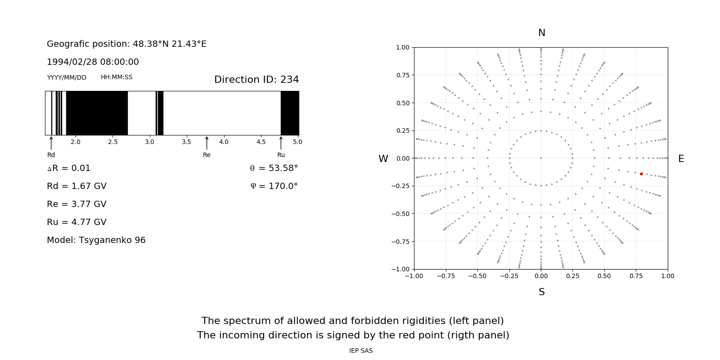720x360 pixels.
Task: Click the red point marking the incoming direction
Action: [641, 174]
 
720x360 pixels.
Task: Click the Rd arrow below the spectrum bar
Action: [51, 143]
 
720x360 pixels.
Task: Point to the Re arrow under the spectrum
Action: [207, 143]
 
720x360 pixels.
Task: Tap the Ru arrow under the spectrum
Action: [281, 143]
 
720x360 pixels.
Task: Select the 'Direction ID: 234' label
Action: [256, 80]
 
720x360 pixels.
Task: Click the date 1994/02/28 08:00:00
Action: [93, 62]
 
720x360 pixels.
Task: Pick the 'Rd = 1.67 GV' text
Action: [76, 186]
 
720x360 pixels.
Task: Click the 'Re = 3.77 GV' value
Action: [76, 204]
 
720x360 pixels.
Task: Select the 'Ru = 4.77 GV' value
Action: [76, 222]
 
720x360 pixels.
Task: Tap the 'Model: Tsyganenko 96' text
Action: [96, 240]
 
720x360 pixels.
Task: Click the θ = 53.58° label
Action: [274, 168]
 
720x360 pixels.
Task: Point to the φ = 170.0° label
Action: [274, 186]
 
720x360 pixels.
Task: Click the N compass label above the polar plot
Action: [542, 33]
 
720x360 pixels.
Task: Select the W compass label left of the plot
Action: [383, 159]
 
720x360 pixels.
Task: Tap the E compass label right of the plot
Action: [681, 159]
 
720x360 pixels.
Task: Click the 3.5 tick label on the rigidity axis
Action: [186, 142]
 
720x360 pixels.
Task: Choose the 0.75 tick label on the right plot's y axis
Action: [402, 75]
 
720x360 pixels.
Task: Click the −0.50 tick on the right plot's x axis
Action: [477, 276]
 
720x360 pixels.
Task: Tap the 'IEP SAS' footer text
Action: [361, 351]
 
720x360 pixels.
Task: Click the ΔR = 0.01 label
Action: [69, 168]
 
